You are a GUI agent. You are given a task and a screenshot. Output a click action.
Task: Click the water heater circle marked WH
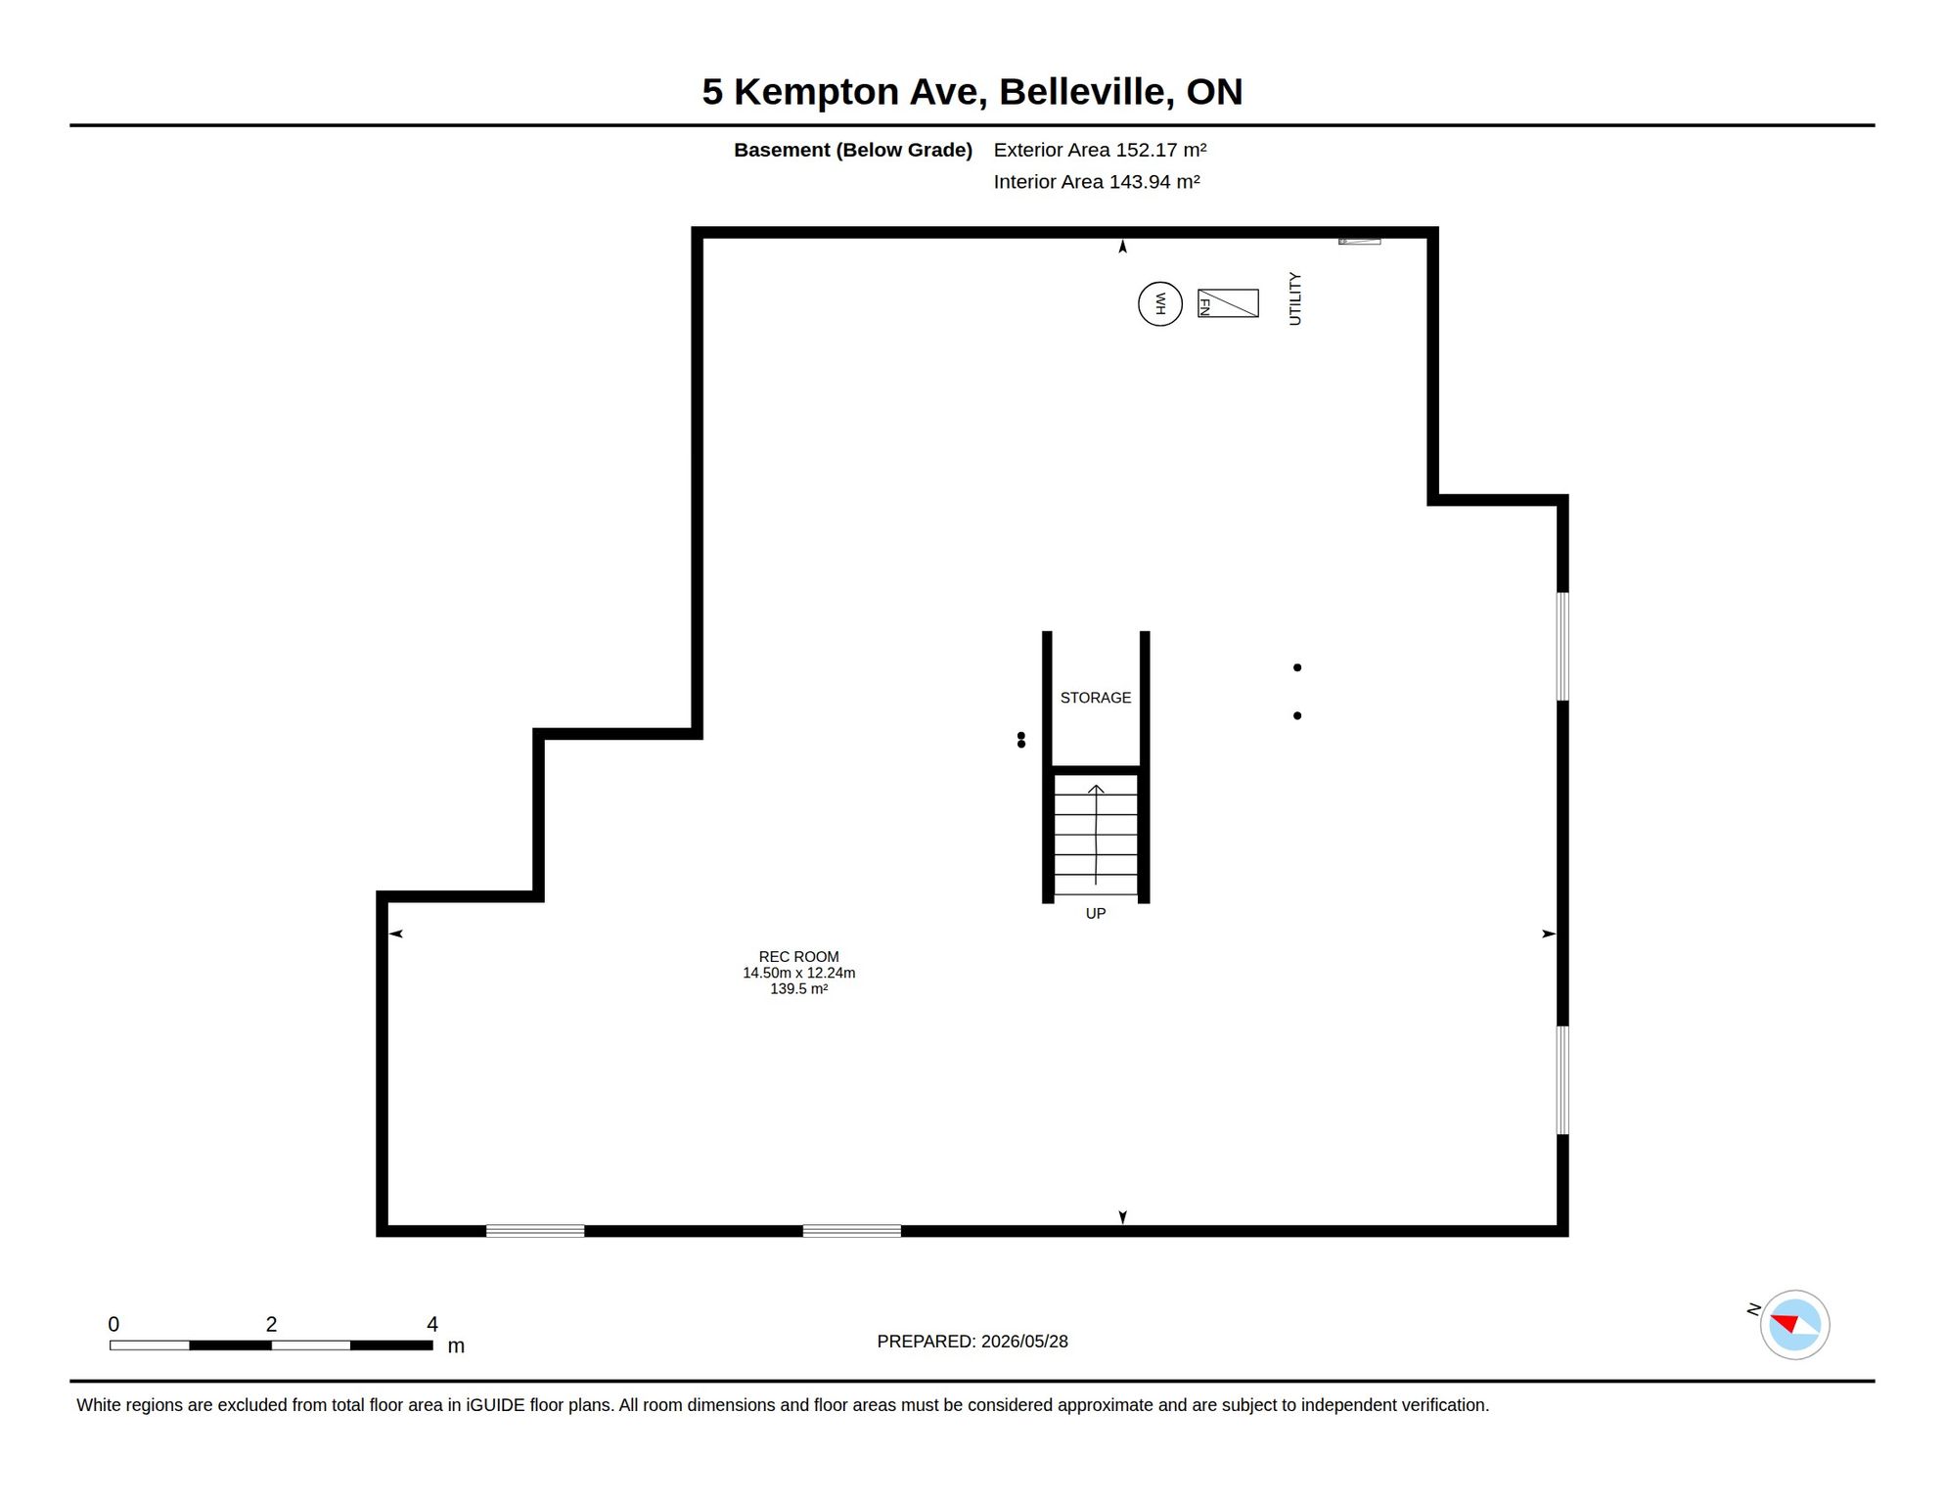(x=1160, y=303)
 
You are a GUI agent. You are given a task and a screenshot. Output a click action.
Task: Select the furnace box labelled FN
(x=1228, y=303)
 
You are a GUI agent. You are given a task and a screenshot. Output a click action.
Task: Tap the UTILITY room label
(x=1294, y=298)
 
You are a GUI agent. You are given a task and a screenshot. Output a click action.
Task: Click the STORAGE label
(x=1096, y=698)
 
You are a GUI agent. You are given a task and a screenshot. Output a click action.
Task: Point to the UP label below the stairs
(x=1096, y=913)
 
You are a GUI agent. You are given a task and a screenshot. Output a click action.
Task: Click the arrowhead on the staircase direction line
(x=1096, y=789)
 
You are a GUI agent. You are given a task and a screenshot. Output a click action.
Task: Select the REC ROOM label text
(x=798, y=957)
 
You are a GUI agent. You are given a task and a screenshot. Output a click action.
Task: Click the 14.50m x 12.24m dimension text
(x=798, y=973)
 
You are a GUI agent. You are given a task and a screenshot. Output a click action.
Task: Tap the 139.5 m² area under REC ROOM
(x=798, y=988)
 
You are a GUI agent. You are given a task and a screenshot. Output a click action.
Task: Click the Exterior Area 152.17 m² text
(x=1100, y=150)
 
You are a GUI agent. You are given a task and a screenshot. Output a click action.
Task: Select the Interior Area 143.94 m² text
(x=1097, y=182)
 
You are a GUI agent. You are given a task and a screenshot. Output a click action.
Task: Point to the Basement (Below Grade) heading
(x=853, y=150)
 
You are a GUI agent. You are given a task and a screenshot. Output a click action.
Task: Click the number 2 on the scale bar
(x=271, y=1324)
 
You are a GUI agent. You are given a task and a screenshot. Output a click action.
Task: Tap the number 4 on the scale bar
(x=432, y=1324)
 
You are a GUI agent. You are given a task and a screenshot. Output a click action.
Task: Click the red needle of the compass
(x=1786, y=1323)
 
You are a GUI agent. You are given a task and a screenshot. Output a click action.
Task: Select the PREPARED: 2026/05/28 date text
(x=972, y=1342)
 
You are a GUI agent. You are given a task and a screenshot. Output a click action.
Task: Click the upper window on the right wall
(x=1562, y=646)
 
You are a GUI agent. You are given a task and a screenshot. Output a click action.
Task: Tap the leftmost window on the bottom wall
(x=535, y=1231)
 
